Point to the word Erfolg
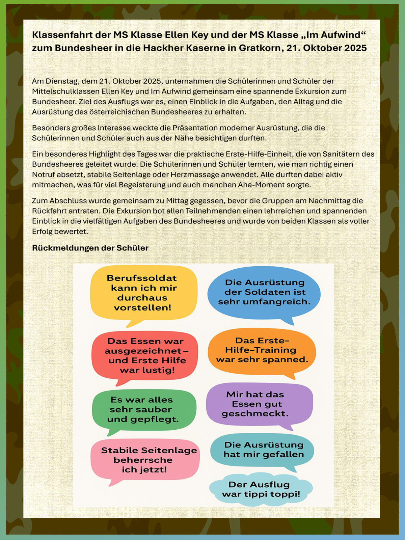click(42, 232)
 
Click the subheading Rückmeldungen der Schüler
click(90, 248)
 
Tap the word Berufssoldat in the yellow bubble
click(142, 278)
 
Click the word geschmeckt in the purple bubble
click(255, 413)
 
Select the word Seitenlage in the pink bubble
click(169, 450)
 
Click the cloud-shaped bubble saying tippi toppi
click(261, 489)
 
